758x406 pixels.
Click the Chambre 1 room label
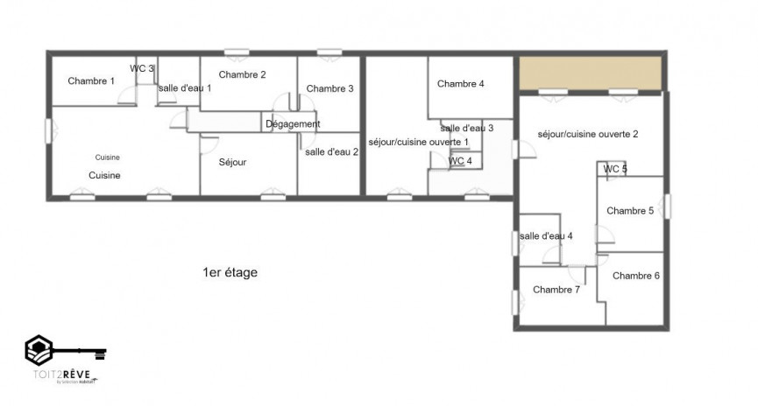pyautogui.click(x=91, y=81)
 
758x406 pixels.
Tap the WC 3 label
pyautogui.click(x=143, y=68)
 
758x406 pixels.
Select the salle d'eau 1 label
pyautogui.click(x=184, y=87)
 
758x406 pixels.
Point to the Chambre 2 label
pyautogui.click(x=242, y=74)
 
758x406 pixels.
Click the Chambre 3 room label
pyautogui.click(x=329, y=88)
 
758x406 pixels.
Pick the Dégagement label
pyautogui.click(x=293, y=124)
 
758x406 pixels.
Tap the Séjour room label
pyautogui.click(x=232, y=163)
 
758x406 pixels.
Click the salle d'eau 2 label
pyautogui.click(x=331, y=151)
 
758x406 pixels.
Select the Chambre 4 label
pyautogui.click(x=460, y=84)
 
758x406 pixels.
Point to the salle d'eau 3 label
pyautogui.click(x=466, y=128)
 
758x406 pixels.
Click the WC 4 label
pyautogui.click(x=460, y=161)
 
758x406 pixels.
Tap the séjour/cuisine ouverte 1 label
pyautogui.click(x=418, y=141)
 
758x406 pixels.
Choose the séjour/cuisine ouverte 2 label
pyautogui.click(x=587, y=134)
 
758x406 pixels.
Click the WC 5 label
pyautogui.click(x=615, y=169)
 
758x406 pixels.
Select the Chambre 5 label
pyautogui.click(x=629, y=210)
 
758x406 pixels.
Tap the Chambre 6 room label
pyautogui.click(x=635, y=276)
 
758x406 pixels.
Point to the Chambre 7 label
pyautogui.click(x=556, y=290)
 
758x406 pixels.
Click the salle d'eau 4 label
pyautogui.click(x=545, y=235)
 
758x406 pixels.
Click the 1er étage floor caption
pyautogui.click(x=230, y=273)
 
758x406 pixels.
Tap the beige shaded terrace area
pyautogui.click(x=589, y=73)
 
